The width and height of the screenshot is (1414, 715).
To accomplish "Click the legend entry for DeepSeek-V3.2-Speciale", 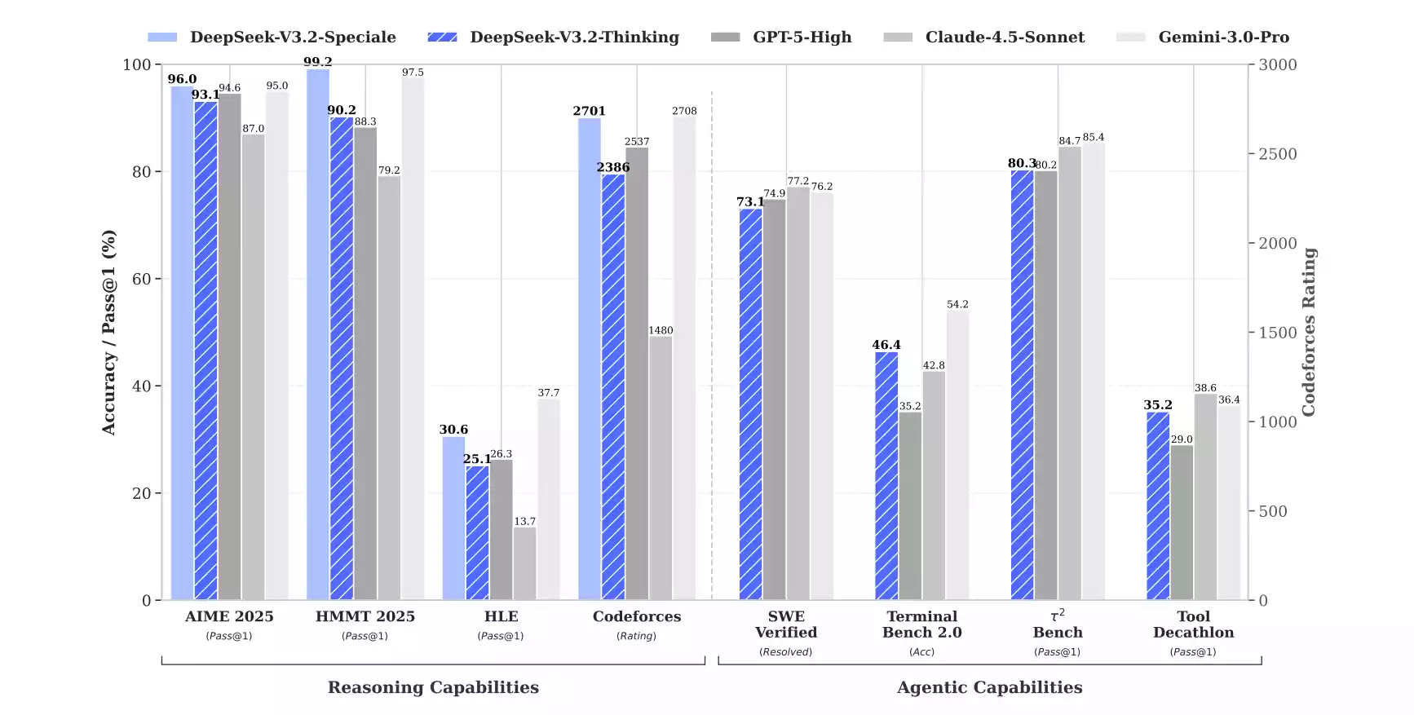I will (272, 38).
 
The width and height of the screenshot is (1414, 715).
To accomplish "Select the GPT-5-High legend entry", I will (781, 38).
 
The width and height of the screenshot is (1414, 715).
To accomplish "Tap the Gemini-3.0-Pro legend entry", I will (1203, 38).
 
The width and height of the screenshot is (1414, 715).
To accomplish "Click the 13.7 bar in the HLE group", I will (525, 563).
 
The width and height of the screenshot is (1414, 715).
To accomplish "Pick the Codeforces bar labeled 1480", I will (661, 468).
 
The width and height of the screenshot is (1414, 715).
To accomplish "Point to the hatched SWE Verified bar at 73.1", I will (750, 404).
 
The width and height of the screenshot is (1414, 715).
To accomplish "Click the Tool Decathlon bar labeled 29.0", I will (1182, 523).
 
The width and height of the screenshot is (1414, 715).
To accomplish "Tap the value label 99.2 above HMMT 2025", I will (317, 62).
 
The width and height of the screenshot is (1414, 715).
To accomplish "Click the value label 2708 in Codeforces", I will (684, 111).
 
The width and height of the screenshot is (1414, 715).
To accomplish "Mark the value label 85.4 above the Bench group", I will (1094, 137).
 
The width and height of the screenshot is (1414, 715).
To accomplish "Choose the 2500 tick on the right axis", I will (1277, 154).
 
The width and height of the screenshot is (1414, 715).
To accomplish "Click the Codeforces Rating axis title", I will (1309, 333).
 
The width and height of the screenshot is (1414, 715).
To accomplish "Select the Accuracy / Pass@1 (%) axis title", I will (108, 333).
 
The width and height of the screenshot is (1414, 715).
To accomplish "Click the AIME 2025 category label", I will (229, 617).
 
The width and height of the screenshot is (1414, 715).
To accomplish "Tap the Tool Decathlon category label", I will (1193, 625).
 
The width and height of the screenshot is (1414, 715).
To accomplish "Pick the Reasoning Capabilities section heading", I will (433, 687).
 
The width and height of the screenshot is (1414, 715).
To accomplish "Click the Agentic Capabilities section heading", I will (989, 687).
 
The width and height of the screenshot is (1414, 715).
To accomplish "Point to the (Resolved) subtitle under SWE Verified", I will (786, 652).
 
